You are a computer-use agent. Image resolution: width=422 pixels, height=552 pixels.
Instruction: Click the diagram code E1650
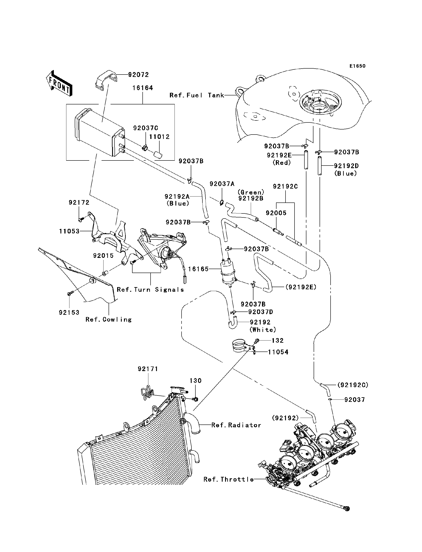(357, 66)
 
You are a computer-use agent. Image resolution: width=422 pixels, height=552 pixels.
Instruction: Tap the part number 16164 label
(143, 88)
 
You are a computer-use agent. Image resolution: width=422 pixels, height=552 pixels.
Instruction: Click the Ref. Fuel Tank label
(197, 95)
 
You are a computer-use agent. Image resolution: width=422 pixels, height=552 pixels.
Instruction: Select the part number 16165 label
(198, 269)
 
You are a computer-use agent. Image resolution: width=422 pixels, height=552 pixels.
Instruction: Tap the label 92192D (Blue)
(346, 169)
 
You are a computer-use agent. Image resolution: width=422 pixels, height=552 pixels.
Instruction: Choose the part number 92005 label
(276, 213)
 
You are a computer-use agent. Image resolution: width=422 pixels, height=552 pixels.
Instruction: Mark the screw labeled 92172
(80, 220)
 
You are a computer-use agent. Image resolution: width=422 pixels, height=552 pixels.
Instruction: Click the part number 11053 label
(69, 231)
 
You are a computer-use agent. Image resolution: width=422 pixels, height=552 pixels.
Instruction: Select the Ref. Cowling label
(109, 320)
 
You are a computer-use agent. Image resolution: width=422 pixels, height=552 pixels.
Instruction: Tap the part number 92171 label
(148, 369)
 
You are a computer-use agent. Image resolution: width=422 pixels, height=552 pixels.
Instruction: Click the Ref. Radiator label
(236, 425)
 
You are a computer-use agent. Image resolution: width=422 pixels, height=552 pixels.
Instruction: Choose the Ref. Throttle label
(229, 479)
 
